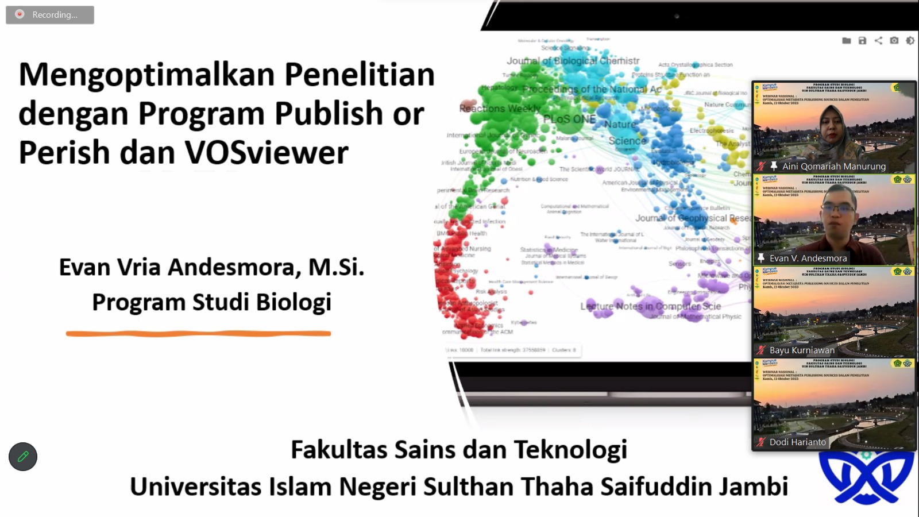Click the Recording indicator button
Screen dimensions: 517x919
49,15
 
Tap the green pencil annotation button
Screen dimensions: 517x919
23,457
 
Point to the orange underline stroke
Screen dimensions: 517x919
198,333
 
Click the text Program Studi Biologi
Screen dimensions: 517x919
211,302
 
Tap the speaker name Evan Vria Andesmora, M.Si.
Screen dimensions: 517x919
211,267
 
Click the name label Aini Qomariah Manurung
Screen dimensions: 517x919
833,166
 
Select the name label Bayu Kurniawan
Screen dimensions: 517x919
802,350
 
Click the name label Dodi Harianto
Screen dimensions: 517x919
797,442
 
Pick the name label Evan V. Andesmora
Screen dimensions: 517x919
808,258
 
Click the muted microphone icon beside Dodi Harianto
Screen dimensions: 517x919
761,442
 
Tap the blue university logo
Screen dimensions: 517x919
866,477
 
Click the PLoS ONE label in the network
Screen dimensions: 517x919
569,119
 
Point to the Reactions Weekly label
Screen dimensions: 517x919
500,108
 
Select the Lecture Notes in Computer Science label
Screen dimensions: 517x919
650,306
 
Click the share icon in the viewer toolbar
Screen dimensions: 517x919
878,40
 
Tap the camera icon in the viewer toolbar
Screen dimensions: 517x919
894,40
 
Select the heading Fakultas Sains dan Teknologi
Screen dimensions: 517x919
458,449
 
